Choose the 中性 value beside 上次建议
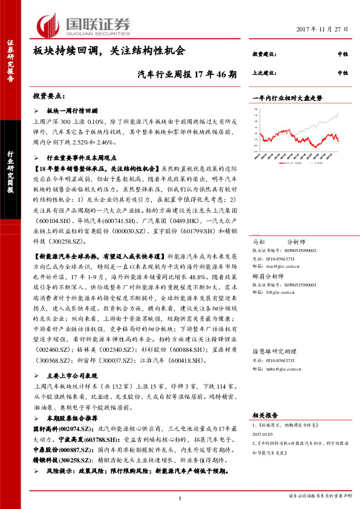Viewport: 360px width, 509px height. click(342, 73)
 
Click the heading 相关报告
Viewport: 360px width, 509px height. click(264, 415)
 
